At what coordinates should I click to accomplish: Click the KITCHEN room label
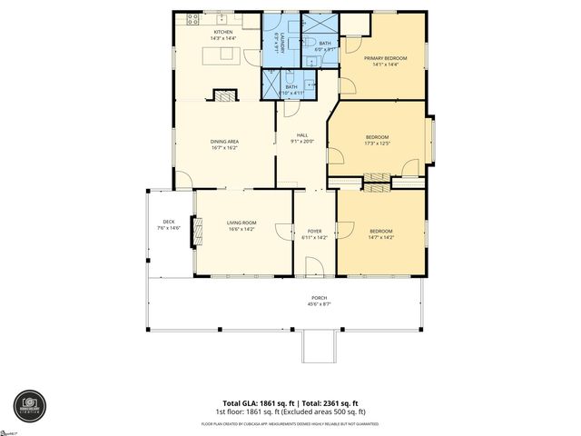223,32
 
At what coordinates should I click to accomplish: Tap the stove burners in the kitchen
193,18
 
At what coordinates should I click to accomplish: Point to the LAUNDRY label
278,44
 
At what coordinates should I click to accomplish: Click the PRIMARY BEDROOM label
386,58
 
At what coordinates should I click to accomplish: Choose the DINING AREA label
224,141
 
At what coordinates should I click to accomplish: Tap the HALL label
302,135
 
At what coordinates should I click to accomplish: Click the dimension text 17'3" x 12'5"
376,142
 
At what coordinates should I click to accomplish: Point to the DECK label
169,221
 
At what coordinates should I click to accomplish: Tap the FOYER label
315,231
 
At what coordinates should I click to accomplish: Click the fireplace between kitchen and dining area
223,94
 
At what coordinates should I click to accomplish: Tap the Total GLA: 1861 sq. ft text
257,402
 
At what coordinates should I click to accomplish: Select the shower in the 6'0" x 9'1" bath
318,25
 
